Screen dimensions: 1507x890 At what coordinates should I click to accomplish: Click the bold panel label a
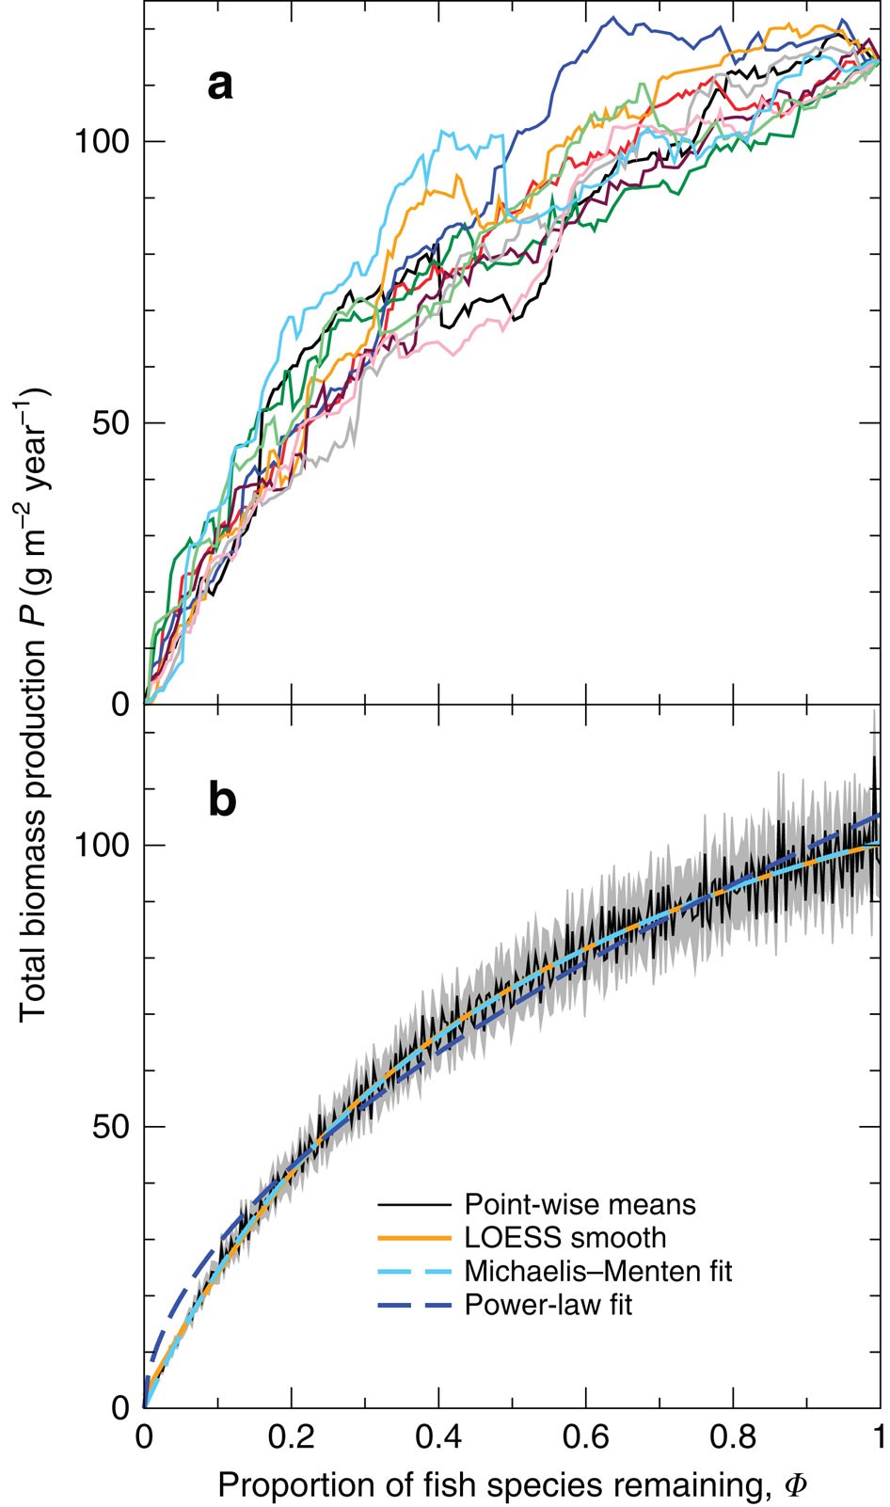point(219,86)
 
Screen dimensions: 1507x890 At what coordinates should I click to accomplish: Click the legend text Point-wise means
point(580,1204)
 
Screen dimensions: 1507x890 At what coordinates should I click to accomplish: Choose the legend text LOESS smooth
point(564,1237)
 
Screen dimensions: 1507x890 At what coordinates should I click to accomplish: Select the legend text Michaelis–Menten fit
point(597,1271)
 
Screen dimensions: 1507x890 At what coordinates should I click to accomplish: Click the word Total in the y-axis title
point(34,984)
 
